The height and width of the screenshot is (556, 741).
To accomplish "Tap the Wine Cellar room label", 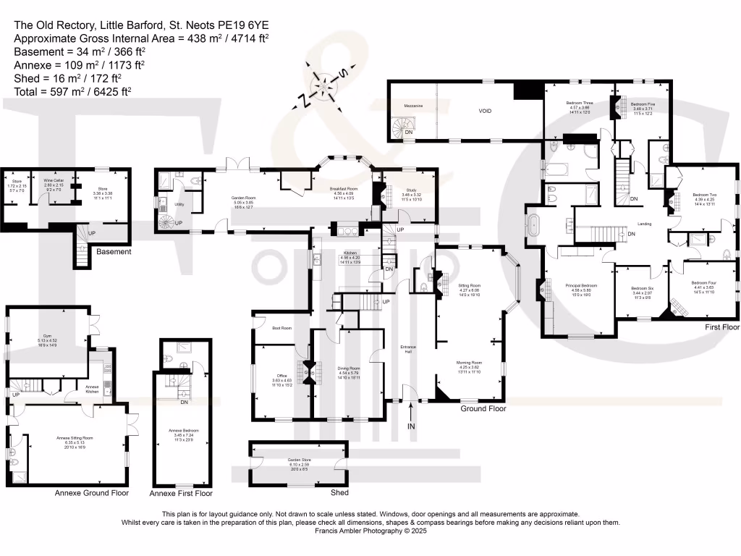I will [54, 181].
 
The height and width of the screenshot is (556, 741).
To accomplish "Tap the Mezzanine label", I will [413, 106].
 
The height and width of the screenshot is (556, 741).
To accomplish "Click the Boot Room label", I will [281, 329].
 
